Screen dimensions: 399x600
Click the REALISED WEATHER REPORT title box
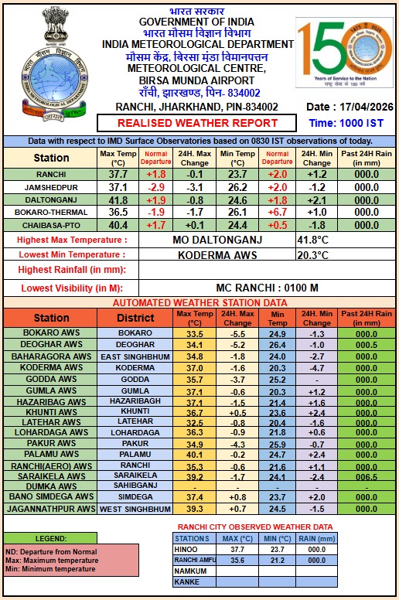click(x=197, y=123)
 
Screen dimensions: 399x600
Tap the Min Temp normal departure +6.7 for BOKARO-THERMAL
click(x=275, y=212)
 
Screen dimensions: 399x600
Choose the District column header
click(x=135, y=317)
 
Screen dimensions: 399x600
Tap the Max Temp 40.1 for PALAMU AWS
click(x=195, y=454)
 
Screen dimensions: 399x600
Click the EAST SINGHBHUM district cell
click(x=135, y=356)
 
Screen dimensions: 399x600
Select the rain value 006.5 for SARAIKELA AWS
click(x=366, y=476)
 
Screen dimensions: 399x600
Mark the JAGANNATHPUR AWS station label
click(x=50, y=509)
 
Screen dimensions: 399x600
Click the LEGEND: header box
click(x=50, y=537)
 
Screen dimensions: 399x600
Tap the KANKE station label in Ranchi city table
click(x=186, y=581)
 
